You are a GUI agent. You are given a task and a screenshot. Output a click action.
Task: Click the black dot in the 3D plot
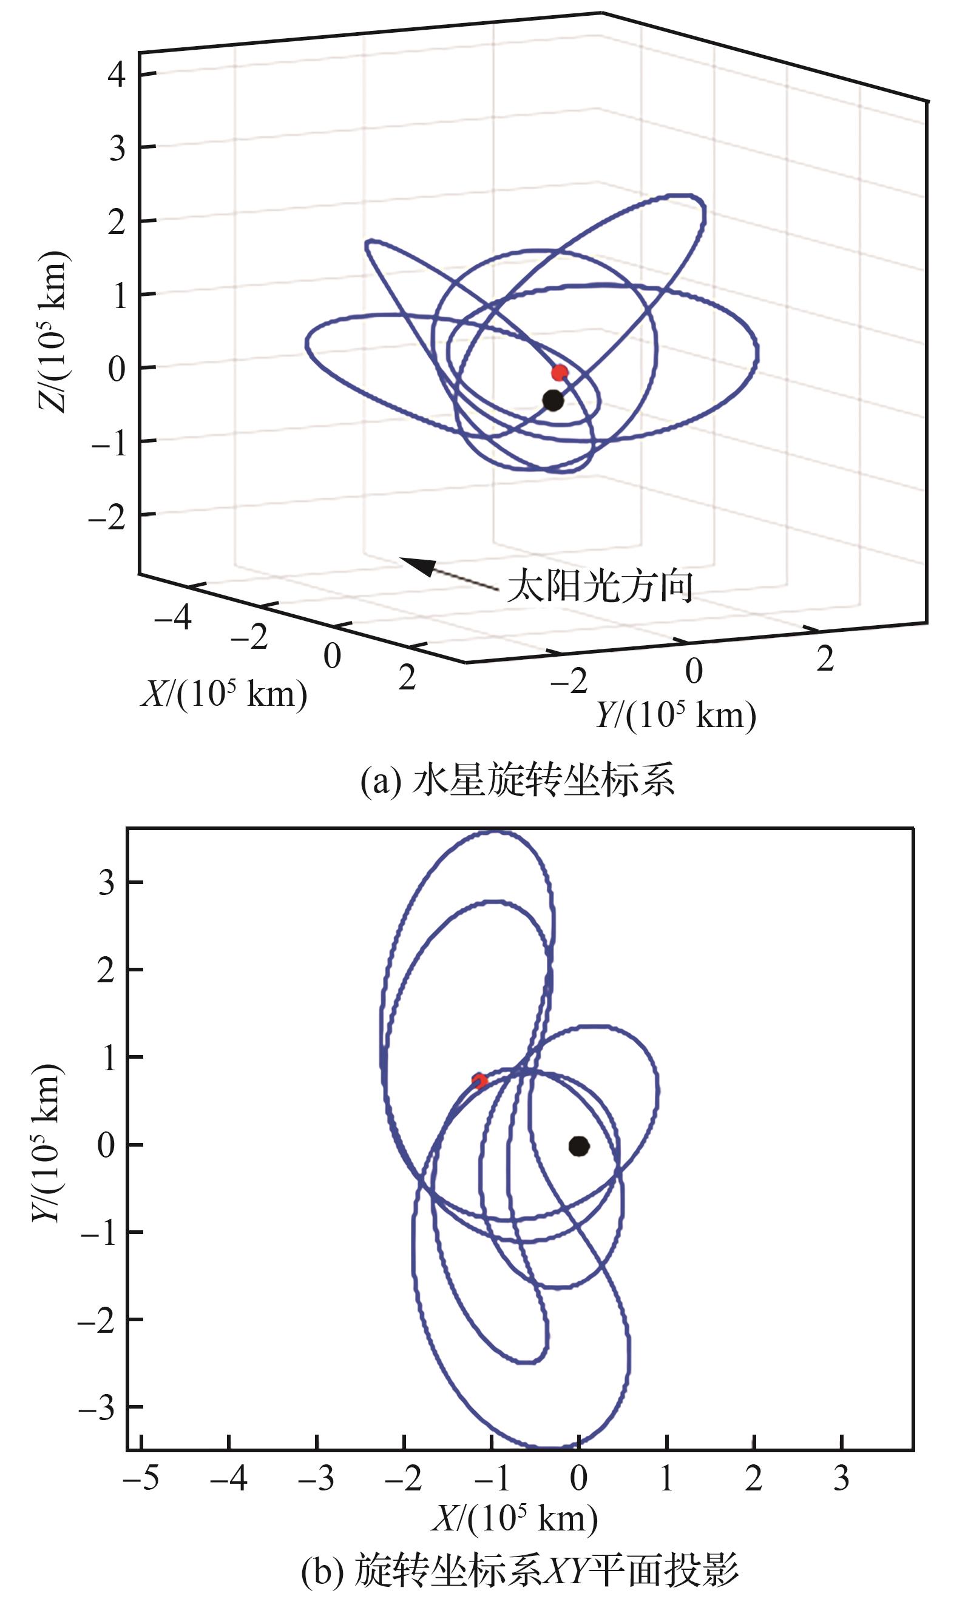coord(552,400)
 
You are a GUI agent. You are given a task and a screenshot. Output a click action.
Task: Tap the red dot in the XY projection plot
coord(479,1081)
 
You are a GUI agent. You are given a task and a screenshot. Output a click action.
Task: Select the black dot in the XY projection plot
coord(579,1145)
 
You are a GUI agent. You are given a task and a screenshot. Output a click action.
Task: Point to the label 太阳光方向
coord(599,586)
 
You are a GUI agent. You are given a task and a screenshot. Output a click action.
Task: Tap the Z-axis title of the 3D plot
coord(52,332)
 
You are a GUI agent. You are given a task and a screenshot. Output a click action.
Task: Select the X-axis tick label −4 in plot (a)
coord(173,616)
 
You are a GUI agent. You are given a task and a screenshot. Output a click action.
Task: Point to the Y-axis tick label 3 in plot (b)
coord(107,883)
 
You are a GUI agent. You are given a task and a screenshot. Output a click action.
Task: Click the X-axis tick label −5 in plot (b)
coord(141,1479)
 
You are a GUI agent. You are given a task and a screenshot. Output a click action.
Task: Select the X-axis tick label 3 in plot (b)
coord(842,1479)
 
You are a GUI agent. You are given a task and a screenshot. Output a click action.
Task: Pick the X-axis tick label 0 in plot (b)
coord(579,1479)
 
